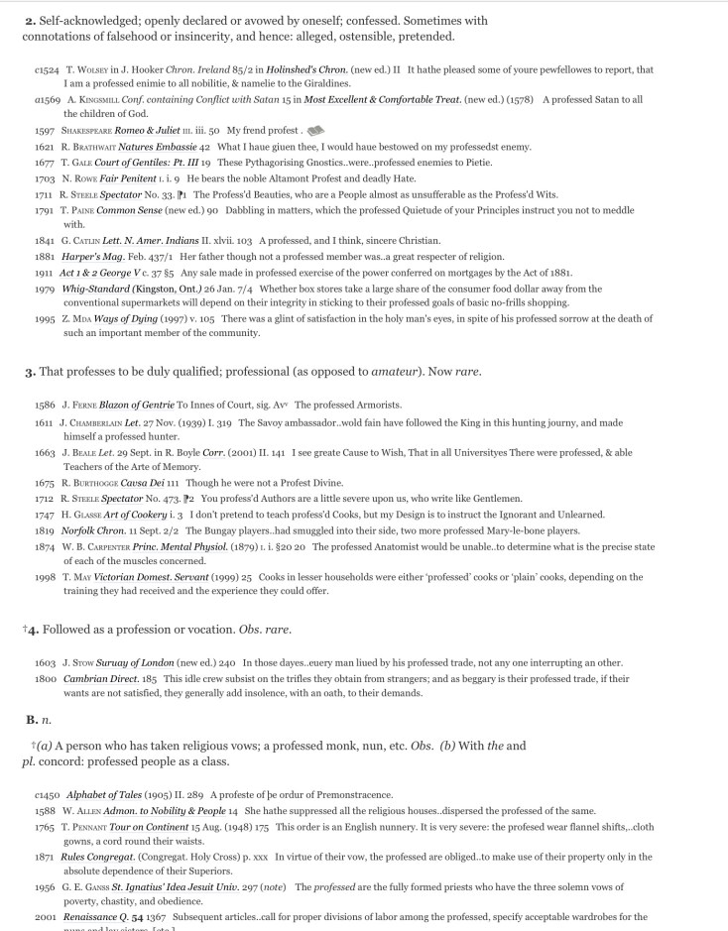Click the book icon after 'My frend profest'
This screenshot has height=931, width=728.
tap(316, 130)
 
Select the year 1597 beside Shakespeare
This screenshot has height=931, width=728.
tap(44, 130)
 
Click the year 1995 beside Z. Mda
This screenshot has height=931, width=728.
tap(44, 318)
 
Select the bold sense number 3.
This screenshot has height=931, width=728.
tap(30, 373)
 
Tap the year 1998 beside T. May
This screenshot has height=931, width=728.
tap(44, 576)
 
